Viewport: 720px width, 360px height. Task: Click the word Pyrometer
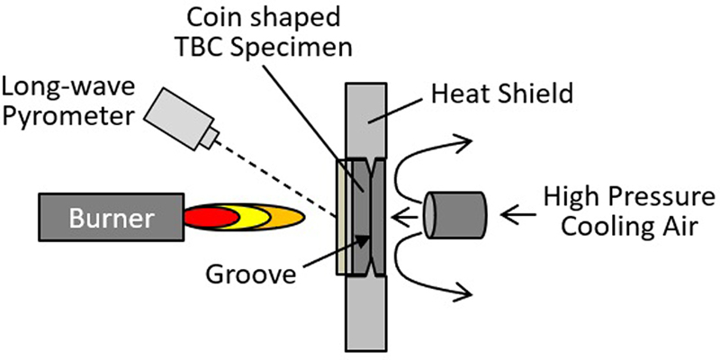68,115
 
